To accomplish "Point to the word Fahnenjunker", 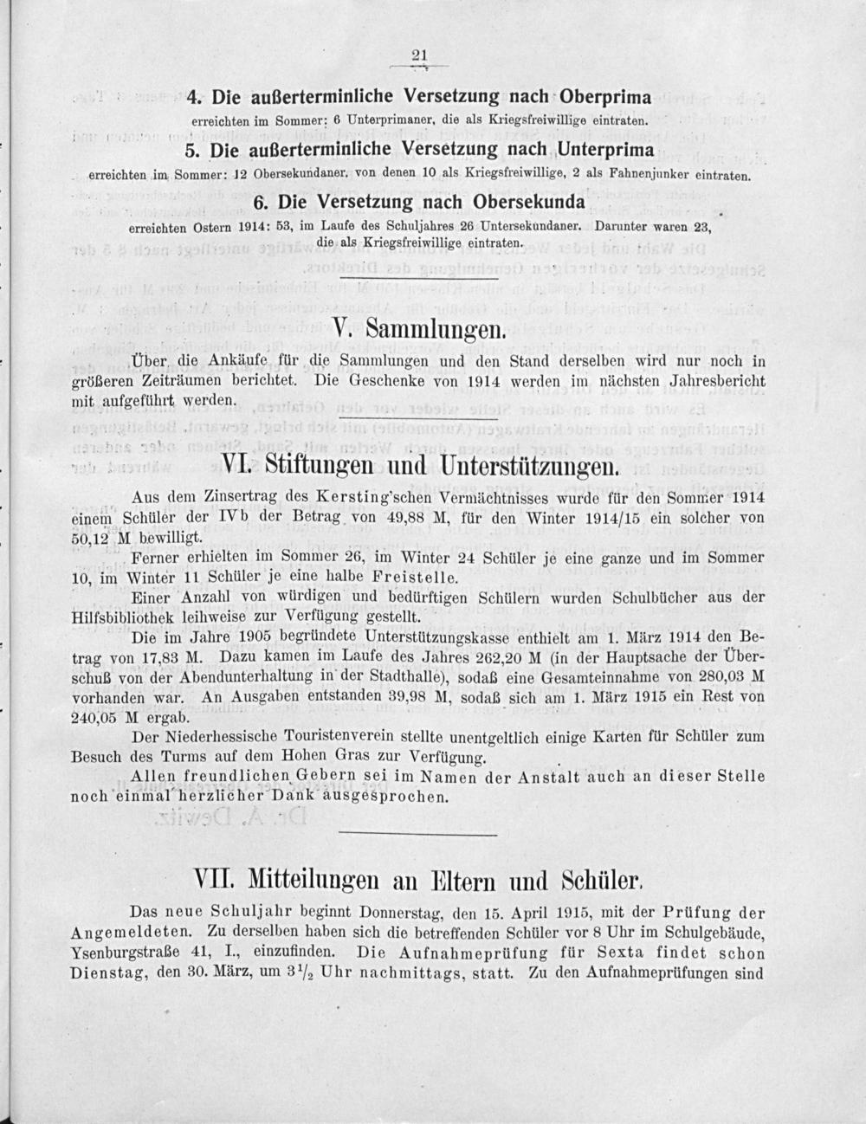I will [x=671, y=173].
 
